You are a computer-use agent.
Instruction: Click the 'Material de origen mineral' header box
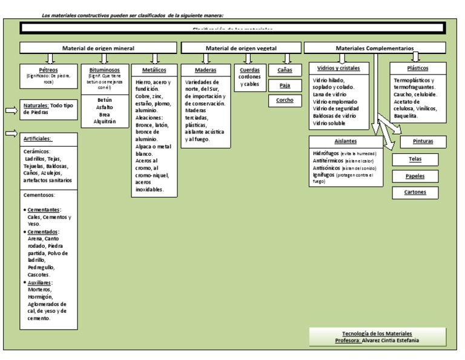click(x=98, y=47)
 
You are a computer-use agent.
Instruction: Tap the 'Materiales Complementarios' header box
click(x=375, y=47)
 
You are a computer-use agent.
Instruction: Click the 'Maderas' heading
click(x=205, y=70)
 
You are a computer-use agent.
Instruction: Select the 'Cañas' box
click(x=285, y=70)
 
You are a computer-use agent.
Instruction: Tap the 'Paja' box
click(x=285, y=85)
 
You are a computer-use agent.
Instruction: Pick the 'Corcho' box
click(x=285, y=99)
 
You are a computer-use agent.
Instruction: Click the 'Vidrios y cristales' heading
click(x=338, y=68)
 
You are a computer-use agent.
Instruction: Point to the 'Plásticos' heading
click(x=418, y=68)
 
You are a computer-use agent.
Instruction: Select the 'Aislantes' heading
click(x=345, y=141)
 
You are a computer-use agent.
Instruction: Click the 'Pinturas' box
click(x=422, y=142)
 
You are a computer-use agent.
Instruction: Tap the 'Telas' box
click(x=415, y=159)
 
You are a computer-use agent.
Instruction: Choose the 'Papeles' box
click(x=415, y=176)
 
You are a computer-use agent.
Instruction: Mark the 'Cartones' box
click(x=415, y=192)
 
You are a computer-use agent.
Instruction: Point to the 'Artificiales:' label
click(x=38, y=138)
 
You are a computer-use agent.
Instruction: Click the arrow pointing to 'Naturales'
click(x=12, y=110)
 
